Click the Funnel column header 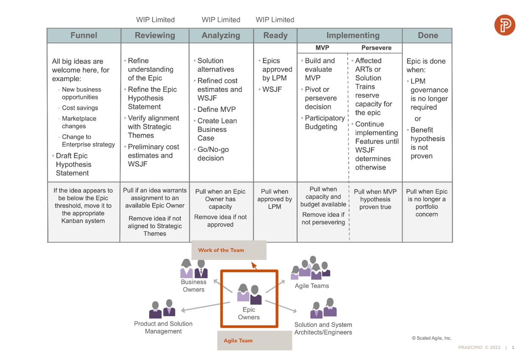coord(84,36)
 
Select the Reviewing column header coord(155,36)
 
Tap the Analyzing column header coord(221,36)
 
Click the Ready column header coord(275,36)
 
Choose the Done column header coord(427,36)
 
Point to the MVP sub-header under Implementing coord(322,48)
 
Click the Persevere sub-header coord(376,48)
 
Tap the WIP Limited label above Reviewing coord(155,20)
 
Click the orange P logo coord(504,25)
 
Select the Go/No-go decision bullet coord(214,154)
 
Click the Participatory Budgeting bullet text coord(324,122)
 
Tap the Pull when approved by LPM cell coord(275,199)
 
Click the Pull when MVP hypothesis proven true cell coord(375,199)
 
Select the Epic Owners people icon coord(249,294)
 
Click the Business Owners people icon coord(194,268)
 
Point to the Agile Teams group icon coord(310,268)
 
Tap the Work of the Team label coord(221,250)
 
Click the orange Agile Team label coord(238,340)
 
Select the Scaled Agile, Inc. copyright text coord(431,338)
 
